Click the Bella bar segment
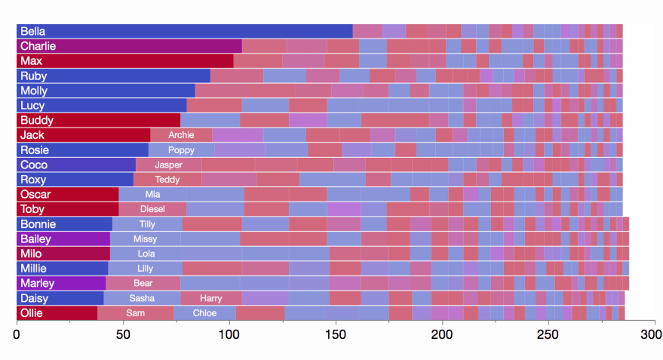tap(185, 31)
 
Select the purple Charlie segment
tap(129, 46)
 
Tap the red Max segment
tap(124, 60)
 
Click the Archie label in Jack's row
tap(181, 135)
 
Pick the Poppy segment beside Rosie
tap(181, 150)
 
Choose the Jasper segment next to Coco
tap(168, 165)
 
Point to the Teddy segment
tap(167, 180)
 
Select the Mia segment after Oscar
tap(152, 194)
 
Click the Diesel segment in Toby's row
tap(152, 209)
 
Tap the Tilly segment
tap(147, 224)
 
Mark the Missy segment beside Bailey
tap(145, 238)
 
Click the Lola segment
tap(146, 254)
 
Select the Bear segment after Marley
tap(143, 283)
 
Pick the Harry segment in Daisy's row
tap(210, 298)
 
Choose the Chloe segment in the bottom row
tap(204, 313)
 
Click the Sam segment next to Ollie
tap(136, 313)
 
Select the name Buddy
tap(36, 120)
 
